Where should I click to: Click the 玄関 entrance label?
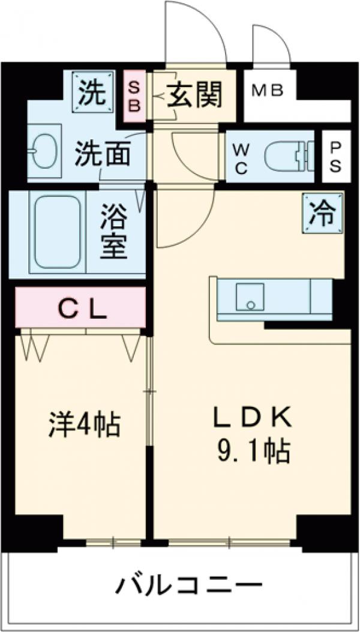click(194, 95)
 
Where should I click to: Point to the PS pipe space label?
click(335, 156)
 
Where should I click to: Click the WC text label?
click(241, 157)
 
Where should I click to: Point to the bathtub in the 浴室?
click(57, 233)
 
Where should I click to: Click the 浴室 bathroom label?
click(114, 232)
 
